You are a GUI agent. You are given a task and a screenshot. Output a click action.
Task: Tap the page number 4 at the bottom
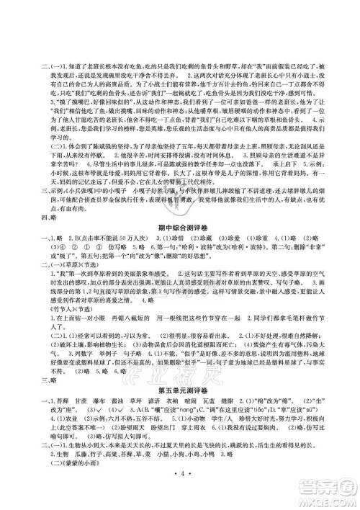[180, 497]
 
